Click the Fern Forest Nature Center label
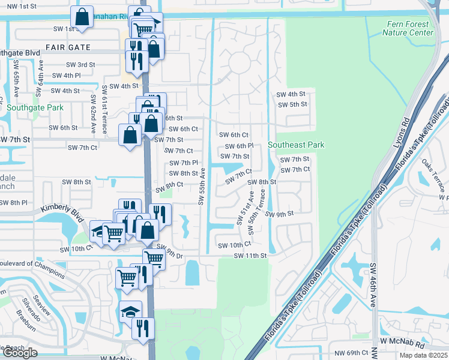[x=408, y=28]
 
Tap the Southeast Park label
[x=296, y=145]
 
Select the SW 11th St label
[x=250, y=256]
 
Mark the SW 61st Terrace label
[x=104, y=101]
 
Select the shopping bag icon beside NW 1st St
[x=82, y=17]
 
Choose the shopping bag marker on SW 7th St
[x=130, y=134]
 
